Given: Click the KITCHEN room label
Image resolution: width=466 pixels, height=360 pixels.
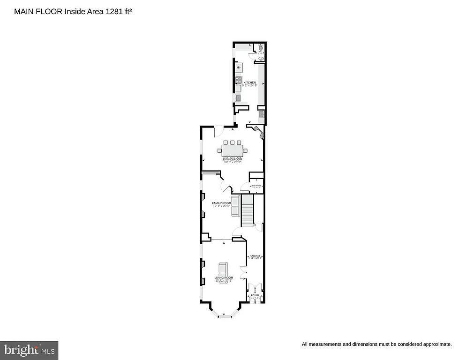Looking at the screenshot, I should [249, 82].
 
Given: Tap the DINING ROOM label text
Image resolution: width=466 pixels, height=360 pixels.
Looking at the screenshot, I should [233, 159].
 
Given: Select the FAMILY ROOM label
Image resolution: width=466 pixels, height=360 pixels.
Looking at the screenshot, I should [221, 203].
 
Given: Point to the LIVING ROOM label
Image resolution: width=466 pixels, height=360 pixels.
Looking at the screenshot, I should [224, 278].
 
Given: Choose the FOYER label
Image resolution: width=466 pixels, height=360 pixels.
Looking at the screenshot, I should [255, 295].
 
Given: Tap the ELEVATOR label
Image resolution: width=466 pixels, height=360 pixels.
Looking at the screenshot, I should [256, 186].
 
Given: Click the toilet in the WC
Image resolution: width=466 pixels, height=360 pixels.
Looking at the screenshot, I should [261, 47].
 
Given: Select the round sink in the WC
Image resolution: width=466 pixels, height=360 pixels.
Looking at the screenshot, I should [261, 59].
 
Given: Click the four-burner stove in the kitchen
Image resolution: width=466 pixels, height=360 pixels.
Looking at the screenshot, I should [239, 81].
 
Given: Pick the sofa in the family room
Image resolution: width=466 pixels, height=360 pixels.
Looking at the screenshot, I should [235, 205].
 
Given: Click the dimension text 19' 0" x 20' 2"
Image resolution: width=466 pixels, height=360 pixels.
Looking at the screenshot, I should [233, 163].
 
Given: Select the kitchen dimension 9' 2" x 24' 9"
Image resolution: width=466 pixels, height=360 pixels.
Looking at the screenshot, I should [249, 86].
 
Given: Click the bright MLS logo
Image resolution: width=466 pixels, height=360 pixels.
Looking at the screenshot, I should [29, 350].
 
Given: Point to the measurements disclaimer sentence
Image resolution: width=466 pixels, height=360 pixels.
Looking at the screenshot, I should [376, 344].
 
